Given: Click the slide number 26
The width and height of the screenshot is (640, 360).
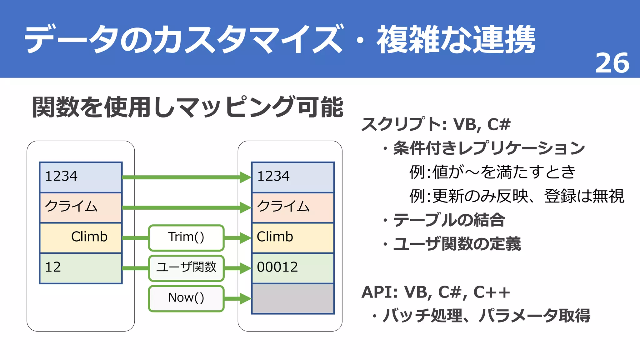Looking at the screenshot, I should (612, 63).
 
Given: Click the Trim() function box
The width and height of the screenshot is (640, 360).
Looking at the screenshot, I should (186, 237).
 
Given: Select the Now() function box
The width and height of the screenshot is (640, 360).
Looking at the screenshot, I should (186, 298).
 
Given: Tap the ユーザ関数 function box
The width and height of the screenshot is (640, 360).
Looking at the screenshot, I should (186, 268).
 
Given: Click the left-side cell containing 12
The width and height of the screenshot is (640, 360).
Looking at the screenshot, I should (81, 268).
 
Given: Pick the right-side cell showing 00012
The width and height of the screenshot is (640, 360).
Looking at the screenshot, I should (293, 268).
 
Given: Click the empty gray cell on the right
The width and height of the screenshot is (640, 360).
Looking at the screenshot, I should (293, 298).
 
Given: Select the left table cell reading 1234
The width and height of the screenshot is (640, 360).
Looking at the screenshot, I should (81, 177).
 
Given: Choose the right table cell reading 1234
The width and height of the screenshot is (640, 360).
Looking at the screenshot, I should (293, 177).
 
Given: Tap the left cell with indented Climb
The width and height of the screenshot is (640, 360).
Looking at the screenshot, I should (81, 237).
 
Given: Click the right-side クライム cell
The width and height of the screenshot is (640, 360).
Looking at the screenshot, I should (293, 207).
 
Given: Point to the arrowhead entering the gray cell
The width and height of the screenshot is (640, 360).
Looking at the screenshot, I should (245, 298).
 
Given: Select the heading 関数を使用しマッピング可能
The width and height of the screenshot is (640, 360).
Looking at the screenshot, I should (187, 107).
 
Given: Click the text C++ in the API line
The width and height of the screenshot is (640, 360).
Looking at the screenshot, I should (491, 292).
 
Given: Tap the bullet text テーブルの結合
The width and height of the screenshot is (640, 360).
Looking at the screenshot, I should (449, 220).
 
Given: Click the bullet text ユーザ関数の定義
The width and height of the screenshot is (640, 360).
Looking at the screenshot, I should (457, 244).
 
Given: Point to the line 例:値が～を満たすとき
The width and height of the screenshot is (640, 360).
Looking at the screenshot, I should (492, 172).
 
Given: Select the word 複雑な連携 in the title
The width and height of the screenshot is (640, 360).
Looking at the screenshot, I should (456, 40).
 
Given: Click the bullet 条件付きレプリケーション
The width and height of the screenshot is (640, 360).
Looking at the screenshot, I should (489, 148).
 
